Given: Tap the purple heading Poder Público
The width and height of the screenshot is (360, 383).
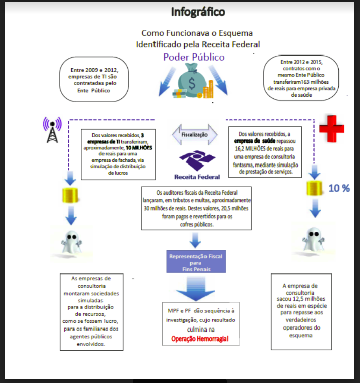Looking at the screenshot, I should coord(193,57).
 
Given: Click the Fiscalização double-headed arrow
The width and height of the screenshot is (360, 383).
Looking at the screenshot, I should coord(195,135).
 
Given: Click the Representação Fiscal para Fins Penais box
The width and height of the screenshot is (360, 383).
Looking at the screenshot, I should coord(194,262).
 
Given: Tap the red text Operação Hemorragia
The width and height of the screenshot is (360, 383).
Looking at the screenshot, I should coord(198,338).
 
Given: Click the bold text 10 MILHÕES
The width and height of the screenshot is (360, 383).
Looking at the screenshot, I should coord(139,148).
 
